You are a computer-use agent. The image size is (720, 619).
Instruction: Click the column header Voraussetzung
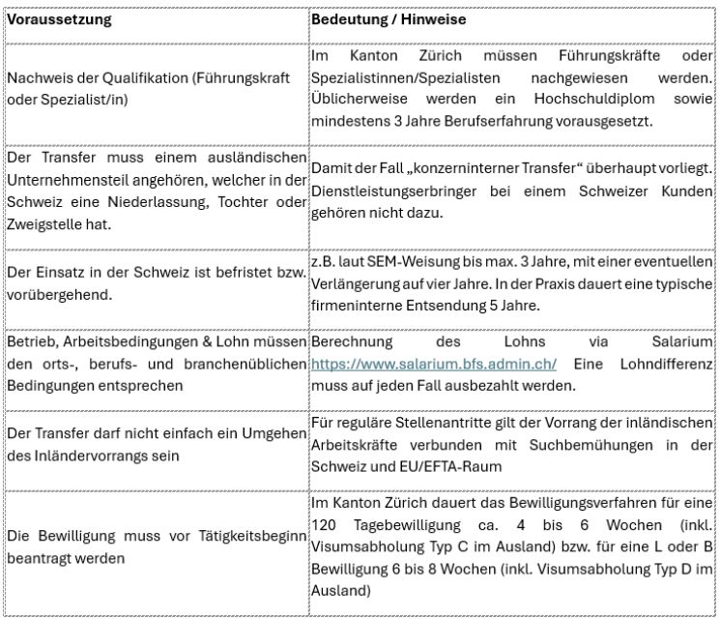coord(59,18)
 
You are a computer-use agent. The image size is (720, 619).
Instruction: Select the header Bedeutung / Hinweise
coord(389,18)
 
